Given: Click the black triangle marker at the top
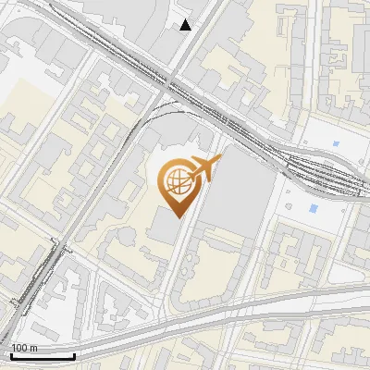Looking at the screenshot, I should click(186, 25).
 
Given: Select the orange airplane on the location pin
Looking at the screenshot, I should click(205, 168).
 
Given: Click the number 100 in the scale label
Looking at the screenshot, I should click(19, 348).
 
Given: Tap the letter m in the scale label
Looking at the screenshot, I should click(32, 348).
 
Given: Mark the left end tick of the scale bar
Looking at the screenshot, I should click(10, 355).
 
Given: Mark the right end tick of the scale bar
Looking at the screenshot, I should click(74, 355).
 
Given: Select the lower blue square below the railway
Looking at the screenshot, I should click(314, 209).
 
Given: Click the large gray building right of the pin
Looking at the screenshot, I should click(239, 194).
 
